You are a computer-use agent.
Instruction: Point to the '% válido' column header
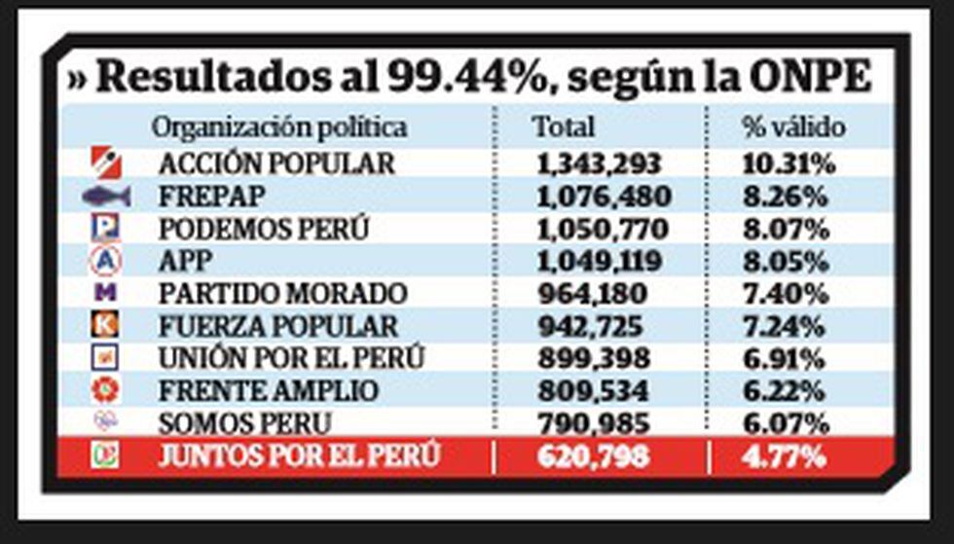coord(793,127)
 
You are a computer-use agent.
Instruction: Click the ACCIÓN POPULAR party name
coord(276,163)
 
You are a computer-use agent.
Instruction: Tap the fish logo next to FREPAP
coord(106,197)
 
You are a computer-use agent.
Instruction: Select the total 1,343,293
coord(599,163)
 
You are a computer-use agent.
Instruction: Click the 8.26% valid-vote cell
coord(785,197)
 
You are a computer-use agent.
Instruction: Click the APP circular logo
coord(104,260)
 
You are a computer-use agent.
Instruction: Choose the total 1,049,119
coord(599,261)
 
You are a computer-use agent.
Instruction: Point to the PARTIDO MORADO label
coord(282,293)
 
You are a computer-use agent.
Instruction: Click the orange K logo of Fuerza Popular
coord(104,324)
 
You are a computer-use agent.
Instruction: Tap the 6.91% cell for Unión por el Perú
coord(785,358)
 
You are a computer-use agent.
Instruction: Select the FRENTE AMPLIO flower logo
coord(104,389)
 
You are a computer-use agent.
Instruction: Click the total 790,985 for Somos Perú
coord(592,423)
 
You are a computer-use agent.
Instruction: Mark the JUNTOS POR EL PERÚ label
coord(299,455)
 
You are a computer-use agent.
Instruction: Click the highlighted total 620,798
coord(592,455)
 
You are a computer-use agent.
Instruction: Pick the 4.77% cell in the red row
coord(785,455)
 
